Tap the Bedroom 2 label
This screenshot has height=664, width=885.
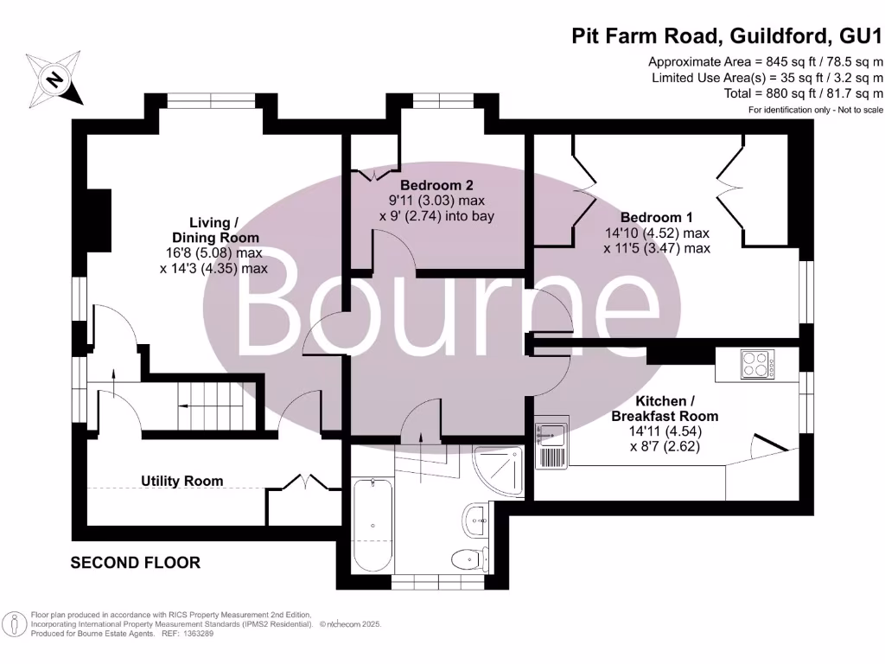[x=436, y=185]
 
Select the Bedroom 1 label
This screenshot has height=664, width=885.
[x=656, y=218]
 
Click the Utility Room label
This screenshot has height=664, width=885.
[x=182, y=481]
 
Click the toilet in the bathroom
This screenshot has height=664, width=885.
[x=471, y=558]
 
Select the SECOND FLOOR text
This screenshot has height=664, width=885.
[x=135, y=563]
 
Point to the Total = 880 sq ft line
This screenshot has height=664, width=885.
[x=803, y=93]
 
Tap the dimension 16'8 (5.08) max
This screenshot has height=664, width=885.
[x=214, y=253]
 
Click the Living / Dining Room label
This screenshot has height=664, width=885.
[x=214, y=230]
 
